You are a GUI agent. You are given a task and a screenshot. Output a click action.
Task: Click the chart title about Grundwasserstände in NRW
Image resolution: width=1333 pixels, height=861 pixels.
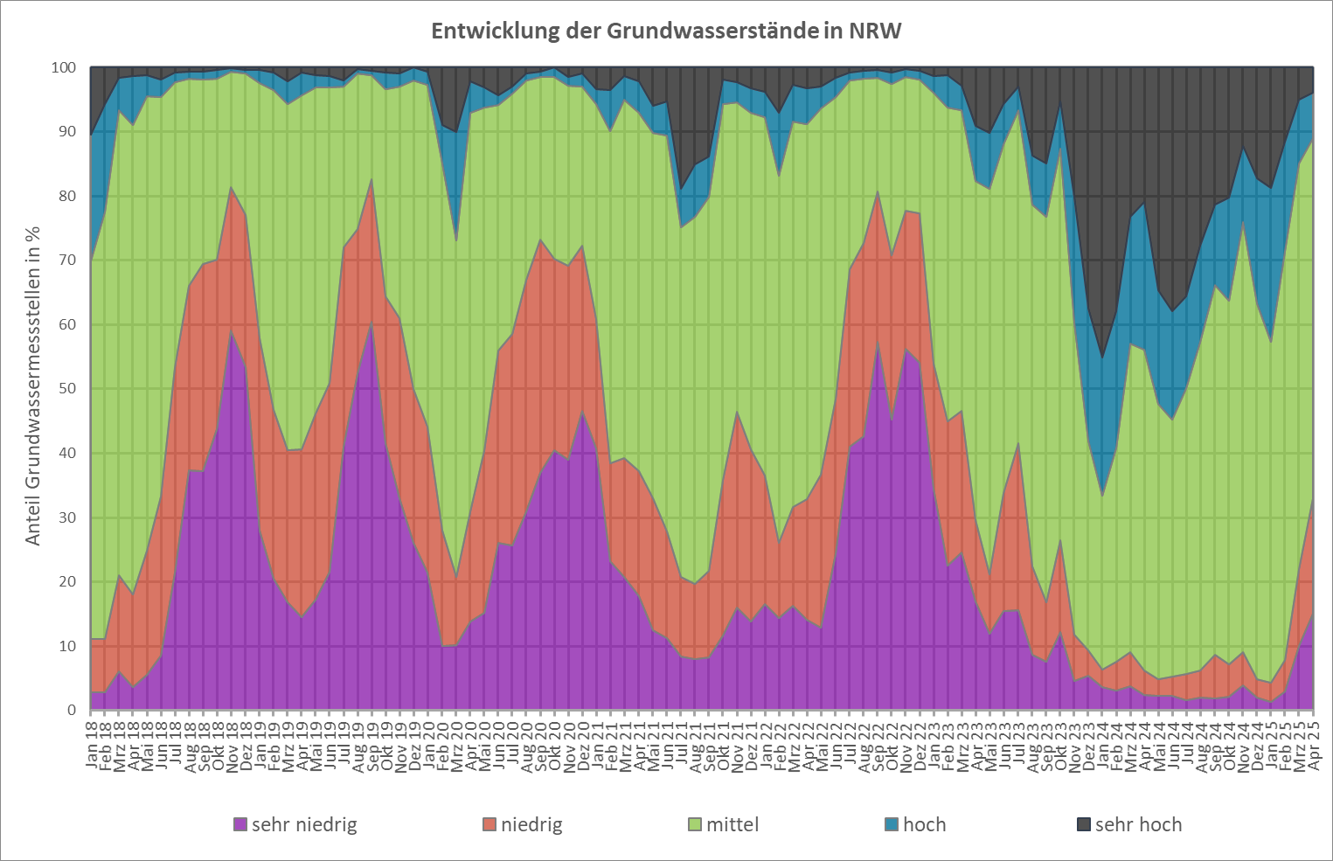click(x=666, y=31)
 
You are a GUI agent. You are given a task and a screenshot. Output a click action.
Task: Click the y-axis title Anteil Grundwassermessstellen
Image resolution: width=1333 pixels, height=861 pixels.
click(x=33, y=385)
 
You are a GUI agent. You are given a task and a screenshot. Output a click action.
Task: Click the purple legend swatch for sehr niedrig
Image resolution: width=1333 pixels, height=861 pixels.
click(x=240, y=824)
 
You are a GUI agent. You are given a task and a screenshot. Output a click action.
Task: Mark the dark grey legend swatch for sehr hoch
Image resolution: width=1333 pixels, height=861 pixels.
click(x=1084, y=824)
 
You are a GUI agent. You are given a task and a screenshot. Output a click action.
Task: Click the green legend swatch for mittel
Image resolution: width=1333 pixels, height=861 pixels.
click(x=695, y=824)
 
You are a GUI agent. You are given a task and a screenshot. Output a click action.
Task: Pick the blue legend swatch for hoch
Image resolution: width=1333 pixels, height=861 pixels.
click(x=892, y=824)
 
